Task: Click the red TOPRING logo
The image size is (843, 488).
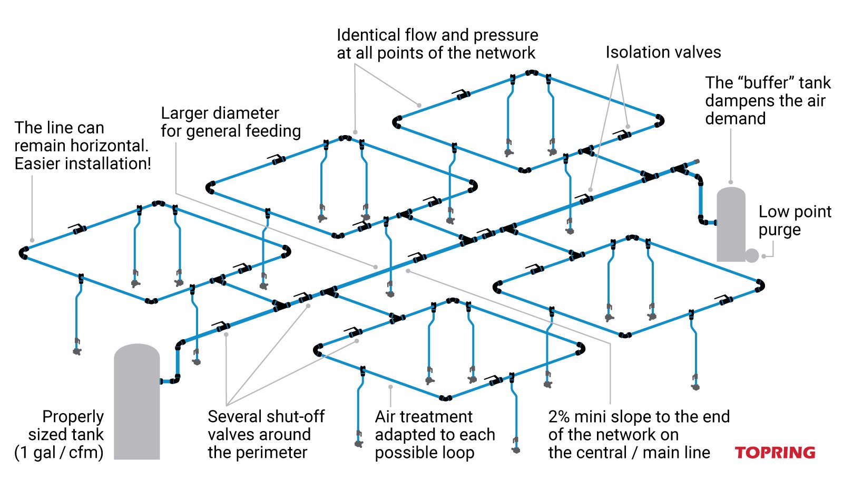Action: [775, 453]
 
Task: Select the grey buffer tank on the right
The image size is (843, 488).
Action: [730, 224]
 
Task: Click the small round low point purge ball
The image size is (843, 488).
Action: [752, 256]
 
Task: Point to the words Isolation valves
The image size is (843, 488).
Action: [663, 52]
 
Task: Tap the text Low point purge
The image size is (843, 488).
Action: [795, 221]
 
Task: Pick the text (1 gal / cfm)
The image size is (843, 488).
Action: [59, 453]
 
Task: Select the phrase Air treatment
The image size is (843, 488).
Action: [424, 417]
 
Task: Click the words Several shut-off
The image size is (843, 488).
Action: [266, 417]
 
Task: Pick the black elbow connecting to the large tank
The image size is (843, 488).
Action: [175, 379]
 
